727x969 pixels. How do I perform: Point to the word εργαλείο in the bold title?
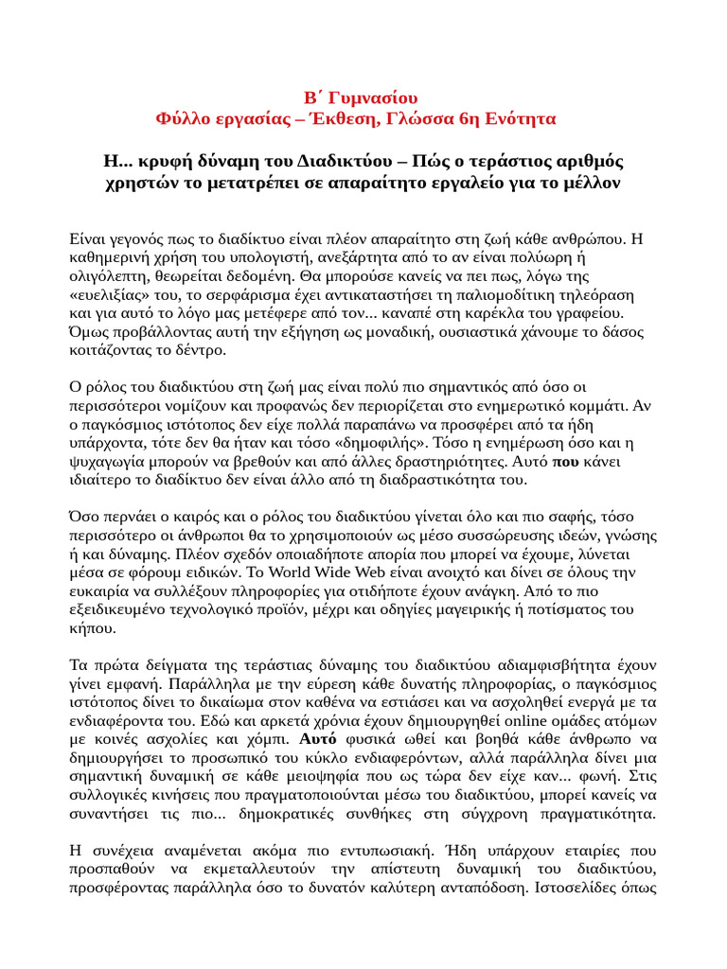click(481, 182)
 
